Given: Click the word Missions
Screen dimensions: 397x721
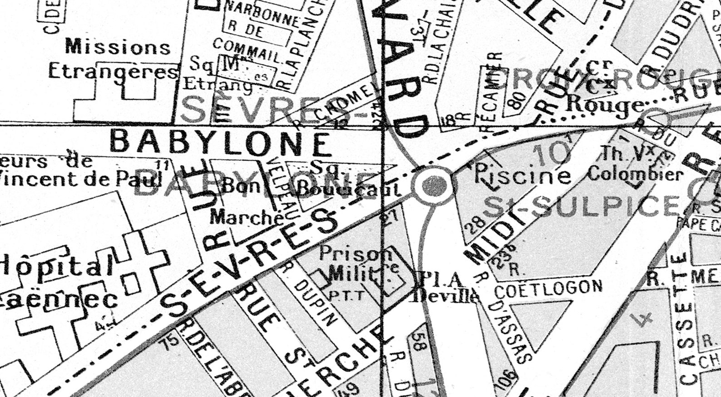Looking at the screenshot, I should [118, 47].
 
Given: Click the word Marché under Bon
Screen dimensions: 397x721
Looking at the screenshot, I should [247, 218].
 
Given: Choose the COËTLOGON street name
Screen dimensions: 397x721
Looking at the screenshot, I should [548, 288].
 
